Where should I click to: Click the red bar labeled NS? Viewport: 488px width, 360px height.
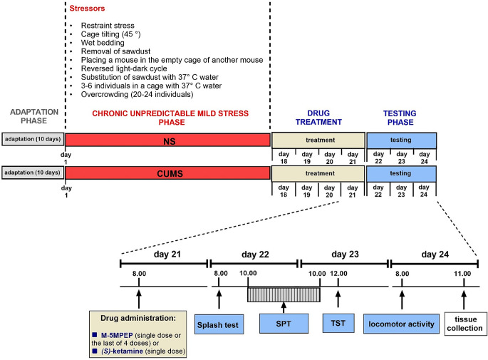(167, 140)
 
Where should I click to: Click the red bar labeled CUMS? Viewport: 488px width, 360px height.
(167, 173)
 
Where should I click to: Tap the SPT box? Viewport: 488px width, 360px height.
(284, 322)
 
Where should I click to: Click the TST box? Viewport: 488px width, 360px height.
(338, 322)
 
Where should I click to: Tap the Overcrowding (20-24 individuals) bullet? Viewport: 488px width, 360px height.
(139, 93)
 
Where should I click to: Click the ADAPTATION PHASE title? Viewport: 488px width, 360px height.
(31, 116)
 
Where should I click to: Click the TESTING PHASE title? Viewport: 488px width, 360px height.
(400, 116)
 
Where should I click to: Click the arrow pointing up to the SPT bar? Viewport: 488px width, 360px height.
(284, 307)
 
